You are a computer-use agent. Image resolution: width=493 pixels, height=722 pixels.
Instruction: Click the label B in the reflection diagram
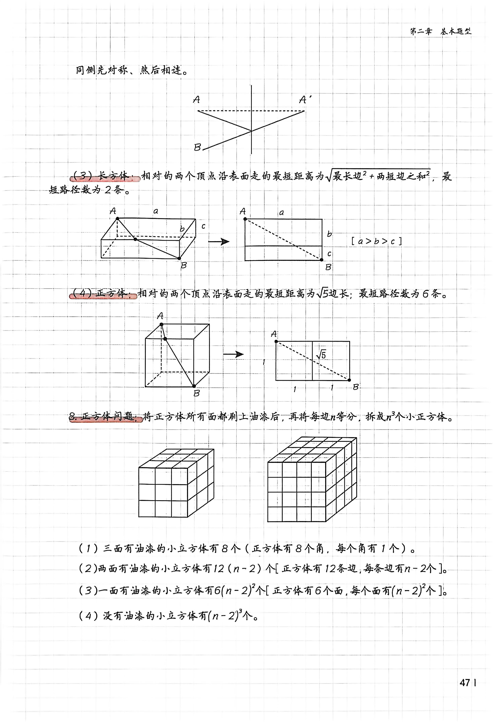point(197,147)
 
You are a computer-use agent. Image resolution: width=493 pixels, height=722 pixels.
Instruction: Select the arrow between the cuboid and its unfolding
point(218,241)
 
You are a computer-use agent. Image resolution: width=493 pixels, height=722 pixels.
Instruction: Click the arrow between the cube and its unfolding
point(233,354)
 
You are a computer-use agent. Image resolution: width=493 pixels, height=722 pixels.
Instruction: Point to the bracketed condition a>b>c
point(376,241)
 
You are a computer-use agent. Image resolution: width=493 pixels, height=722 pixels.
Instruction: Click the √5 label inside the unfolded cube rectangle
point(322,354)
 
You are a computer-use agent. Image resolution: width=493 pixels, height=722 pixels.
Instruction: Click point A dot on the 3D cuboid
point(117,218)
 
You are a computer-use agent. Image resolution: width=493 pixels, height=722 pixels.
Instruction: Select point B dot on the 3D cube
point(194,386)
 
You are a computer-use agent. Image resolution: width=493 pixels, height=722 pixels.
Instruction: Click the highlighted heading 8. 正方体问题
point(105,417)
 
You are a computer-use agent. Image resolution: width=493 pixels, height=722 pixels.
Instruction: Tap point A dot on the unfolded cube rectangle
point(276,341)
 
